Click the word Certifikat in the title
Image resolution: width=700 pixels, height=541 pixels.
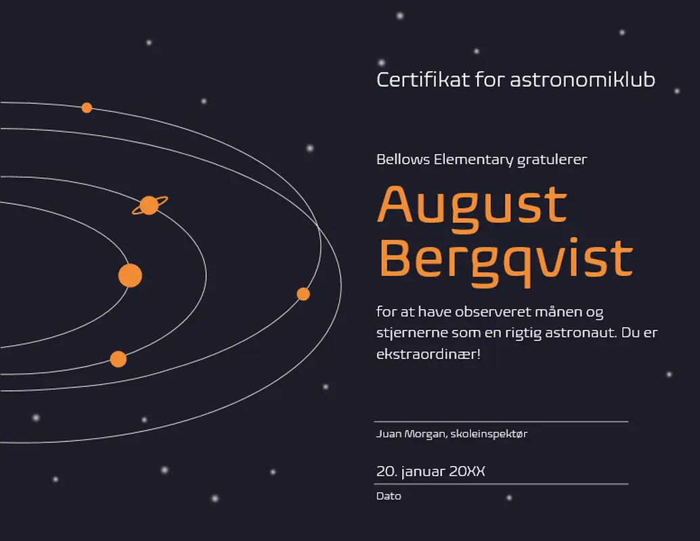click(423, 80)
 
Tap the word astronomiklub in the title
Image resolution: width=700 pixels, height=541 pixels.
click(583, 80)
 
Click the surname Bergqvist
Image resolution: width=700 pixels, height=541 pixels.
click(506, 261)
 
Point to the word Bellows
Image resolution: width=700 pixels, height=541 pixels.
click(403, 159)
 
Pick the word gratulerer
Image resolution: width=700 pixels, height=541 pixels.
click(552, 160)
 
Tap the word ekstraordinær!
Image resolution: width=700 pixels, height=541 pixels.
click(429, 354)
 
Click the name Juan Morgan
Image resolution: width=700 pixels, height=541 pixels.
click(411, 434)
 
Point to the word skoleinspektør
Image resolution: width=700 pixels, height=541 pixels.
click(489, 434)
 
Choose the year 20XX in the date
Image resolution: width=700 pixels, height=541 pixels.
click(467, 471)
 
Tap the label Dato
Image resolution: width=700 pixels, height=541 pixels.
click(389, 496)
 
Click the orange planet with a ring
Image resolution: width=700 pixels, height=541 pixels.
click(150, 205)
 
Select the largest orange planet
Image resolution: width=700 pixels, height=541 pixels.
click(131, 275)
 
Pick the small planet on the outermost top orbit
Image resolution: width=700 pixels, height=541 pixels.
click(87, 108)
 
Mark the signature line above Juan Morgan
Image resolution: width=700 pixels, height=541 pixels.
click(501, 421)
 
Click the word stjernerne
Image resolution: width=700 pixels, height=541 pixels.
click(412, 333)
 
